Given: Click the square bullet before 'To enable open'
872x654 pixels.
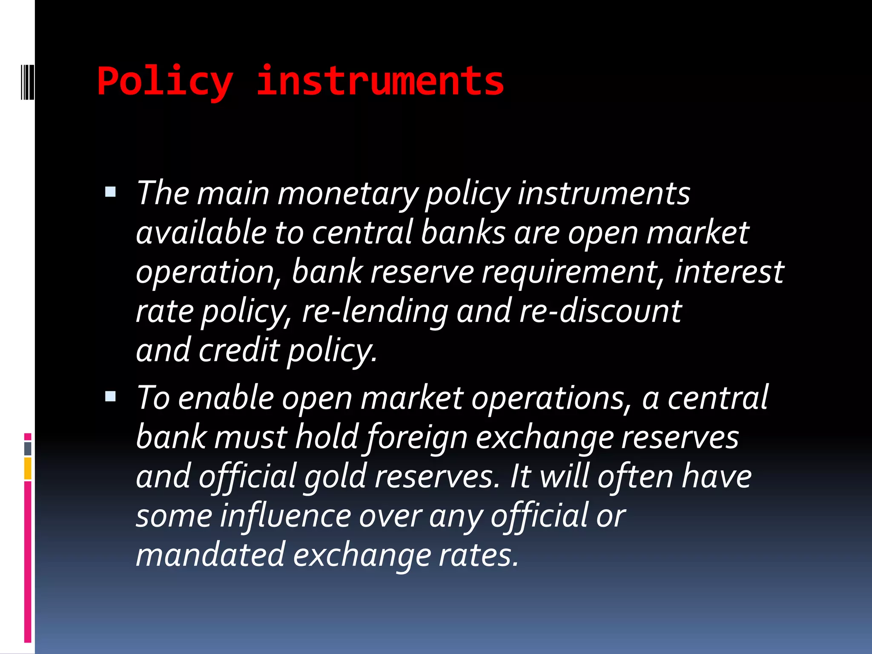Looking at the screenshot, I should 110,396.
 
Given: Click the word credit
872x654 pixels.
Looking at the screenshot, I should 239,350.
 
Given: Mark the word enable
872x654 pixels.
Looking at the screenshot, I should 226,398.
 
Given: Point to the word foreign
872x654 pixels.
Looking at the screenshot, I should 417,438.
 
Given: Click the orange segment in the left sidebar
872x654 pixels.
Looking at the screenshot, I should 28,468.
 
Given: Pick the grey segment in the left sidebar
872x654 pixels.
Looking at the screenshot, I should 28,448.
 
